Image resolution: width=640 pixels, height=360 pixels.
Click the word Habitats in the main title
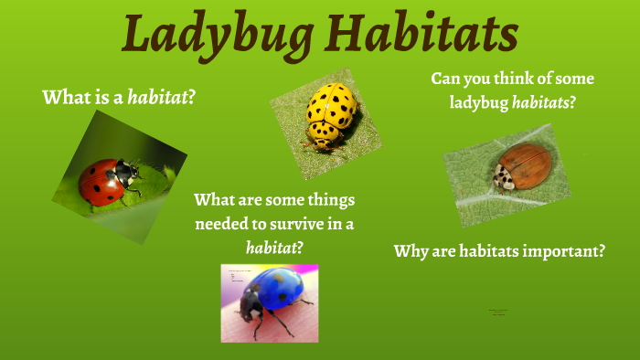point(423,35)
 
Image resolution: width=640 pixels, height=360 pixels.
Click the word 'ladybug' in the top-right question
point(479,103)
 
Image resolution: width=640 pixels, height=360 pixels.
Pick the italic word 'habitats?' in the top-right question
point(544,103)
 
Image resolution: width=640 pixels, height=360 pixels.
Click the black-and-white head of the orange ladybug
point(504,176)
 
